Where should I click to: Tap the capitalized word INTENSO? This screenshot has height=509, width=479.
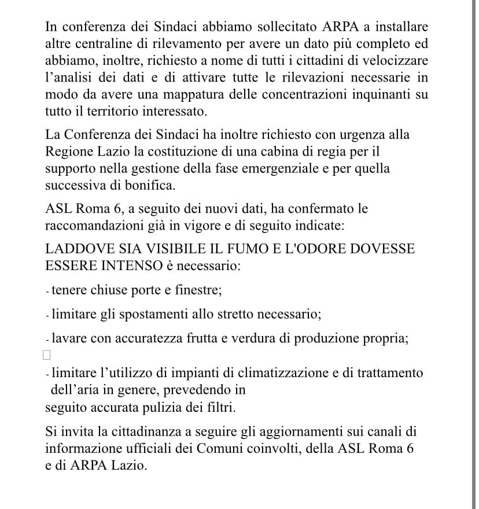[x=131, y=266]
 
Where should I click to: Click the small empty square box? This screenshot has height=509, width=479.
[x=47, y=355]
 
